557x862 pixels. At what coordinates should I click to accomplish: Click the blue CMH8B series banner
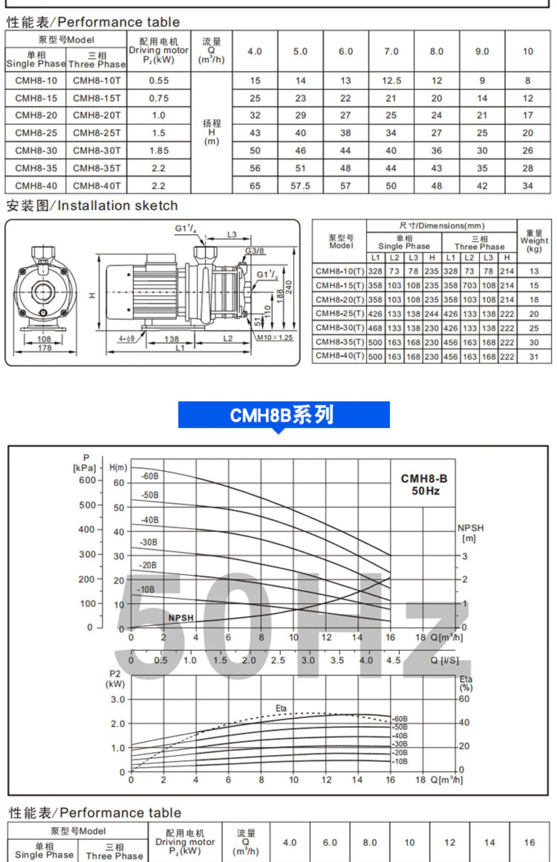284,415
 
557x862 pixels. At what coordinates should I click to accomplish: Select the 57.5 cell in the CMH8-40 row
300,186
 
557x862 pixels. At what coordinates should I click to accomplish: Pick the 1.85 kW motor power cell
159,150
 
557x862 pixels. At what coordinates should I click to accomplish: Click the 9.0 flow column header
482,51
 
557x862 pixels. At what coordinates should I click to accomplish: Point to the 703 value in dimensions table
469,286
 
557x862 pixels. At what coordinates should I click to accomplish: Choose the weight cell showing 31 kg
534,357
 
